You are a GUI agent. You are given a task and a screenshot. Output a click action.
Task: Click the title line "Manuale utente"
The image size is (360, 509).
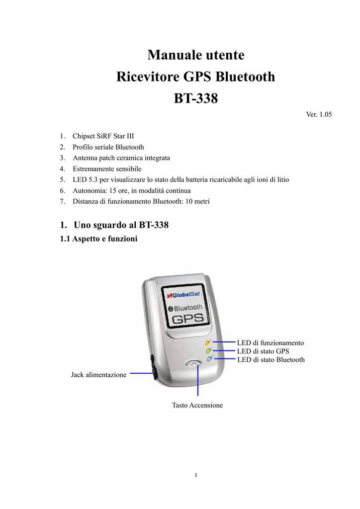[196, 55]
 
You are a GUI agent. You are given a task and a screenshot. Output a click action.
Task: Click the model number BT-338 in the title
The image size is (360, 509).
[196, 98]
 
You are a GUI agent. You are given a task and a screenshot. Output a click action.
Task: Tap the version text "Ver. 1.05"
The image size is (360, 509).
[319, 114]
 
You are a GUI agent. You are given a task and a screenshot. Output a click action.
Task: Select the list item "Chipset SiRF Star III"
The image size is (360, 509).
[103, 136]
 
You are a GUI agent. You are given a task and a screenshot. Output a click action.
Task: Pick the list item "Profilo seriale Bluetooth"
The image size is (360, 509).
[108, 147]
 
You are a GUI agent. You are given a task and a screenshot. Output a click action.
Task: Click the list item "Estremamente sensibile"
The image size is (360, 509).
[107, 169]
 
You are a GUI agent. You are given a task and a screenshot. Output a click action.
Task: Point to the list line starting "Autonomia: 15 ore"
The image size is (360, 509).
[131, 190]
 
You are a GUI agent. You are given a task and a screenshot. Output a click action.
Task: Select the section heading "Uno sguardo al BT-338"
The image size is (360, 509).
[121, 225]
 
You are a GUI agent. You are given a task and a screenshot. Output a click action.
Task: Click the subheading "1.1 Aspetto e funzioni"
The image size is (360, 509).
[98, 239]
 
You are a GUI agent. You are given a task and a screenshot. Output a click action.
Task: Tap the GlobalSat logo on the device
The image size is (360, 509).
[183, 295]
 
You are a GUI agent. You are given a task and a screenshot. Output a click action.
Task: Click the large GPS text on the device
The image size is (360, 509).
[187, 319]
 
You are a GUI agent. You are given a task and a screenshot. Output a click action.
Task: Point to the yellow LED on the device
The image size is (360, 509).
[208, 342]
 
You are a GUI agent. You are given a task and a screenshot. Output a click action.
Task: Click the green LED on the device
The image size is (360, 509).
[208, 350]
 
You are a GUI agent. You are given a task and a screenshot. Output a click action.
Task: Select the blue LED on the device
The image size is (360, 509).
[209, 359]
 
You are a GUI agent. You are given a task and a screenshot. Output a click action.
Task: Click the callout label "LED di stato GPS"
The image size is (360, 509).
[263, 351]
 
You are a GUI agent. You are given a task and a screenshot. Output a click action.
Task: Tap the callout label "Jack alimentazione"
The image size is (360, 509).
[98, 375]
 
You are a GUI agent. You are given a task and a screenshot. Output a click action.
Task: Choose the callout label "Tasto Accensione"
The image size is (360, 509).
[197, 405]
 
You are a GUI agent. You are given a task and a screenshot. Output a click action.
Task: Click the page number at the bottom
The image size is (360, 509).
[196, 475]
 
